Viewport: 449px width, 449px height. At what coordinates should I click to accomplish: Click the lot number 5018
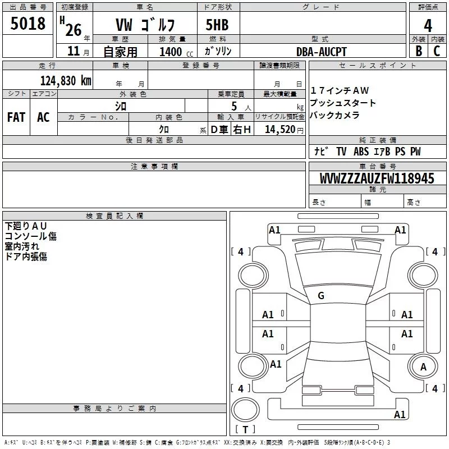click(x=28, y=24)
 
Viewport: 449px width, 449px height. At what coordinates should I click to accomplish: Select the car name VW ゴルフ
click(x=145, y=25)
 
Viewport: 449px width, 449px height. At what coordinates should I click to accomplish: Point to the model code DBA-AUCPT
click(x=322, y=52)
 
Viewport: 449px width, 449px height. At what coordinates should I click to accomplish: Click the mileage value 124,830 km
click(x=65, y=80)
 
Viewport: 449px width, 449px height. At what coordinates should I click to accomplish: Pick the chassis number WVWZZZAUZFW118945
click(x=377, y=178)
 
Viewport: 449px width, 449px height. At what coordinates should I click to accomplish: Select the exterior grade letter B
click(x=418, y=52)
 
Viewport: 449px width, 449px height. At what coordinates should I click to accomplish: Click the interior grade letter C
click(x=437, y=52)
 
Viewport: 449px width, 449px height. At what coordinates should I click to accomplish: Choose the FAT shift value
click(x=16, y=117)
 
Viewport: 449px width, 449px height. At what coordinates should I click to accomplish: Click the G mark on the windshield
click(x=321, y=296)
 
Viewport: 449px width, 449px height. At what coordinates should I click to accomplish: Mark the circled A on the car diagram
click(x=423, y=367)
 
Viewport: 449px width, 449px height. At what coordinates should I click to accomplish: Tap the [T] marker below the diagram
click(x=245, y=429)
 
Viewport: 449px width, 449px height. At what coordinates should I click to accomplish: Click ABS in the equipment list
click(x=361, y=152)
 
